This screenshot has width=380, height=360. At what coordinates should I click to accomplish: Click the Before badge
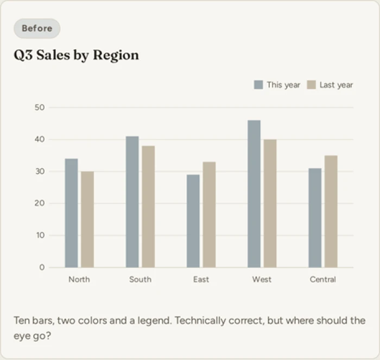(x=37, y=28)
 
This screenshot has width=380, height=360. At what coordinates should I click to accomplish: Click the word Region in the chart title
(x=116, y=55)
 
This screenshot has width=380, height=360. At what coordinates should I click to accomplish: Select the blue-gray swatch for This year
(x=258, y=85)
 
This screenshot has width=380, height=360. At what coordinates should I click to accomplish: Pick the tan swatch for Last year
(x=311, y=85)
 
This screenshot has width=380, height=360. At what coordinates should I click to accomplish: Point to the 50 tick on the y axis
(x=40, y=107)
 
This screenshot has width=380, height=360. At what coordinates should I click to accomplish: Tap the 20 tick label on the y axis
(x=40, y=203)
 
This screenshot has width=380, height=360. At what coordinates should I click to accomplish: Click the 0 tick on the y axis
(x=42, y=267)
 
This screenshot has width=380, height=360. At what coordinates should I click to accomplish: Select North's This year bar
(x=72, y=213)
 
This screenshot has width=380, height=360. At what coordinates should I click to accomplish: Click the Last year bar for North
(x=87, y=220)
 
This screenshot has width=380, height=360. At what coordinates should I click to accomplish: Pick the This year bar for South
(x=132, y=202)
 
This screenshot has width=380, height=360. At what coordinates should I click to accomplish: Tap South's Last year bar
(x=148, y=207)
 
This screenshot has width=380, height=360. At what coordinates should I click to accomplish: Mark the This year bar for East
(x=193, y=221)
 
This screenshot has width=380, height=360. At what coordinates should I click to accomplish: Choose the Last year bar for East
(x=209, y=215)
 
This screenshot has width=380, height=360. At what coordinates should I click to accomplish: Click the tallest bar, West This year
(x=254, y=194)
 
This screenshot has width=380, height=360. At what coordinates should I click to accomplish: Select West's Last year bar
(x=270, y=203)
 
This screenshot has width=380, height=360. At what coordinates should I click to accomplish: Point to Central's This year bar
(x=315, y=218)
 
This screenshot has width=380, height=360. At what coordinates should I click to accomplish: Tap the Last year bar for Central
(x=331, y=211)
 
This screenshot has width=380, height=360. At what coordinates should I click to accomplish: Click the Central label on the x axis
(x=323, y=279)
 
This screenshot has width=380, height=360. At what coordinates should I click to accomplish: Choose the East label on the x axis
(x=201, y=279)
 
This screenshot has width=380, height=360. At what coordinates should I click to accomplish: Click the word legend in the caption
(x=155, y=321)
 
